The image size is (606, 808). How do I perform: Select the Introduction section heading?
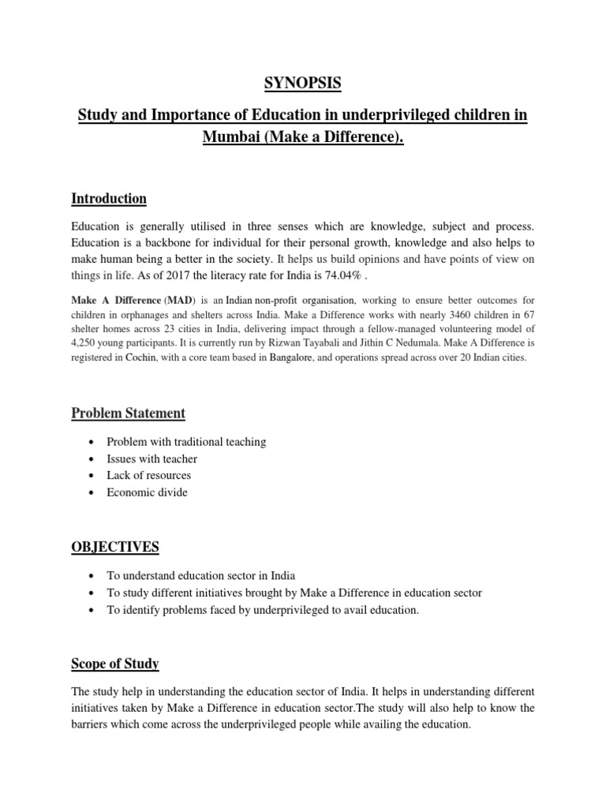coord(109,198)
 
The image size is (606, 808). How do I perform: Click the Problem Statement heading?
coord(129,413)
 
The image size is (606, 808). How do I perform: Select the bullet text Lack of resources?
coord(149,475)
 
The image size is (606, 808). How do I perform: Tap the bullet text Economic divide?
coord(148,492)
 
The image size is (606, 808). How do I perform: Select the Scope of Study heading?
coord(115,664)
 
